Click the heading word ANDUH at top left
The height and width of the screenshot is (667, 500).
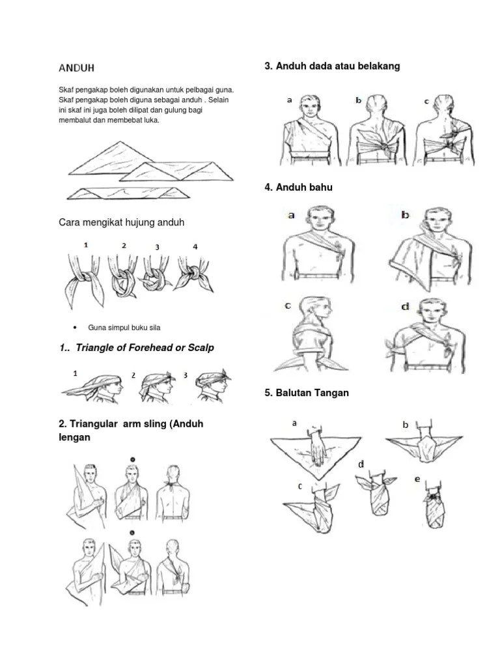(77, 68)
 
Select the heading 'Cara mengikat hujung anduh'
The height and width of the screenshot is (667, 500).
(122, 223)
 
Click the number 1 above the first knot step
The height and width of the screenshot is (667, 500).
(86, 245)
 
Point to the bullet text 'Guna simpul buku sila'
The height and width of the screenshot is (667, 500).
(124, 328)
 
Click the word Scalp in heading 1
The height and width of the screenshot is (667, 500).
(201, 348)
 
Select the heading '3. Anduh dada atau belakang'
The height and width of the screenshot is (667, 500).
(332, 66)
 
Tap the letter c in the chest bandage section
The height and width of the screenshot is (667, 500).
(426, 101)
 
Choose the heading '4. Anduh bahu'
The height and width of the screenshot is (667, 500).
(298, 188)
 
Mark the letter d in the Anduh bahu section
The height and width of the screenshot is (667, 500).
(405, 306)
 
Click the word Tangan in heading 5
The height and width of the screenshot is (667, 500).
(331, 393)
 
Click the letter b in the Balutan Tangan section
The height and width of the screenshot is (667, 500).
(405, 425)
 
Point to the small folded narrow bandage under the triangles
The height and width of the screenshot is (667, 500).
(128, 193)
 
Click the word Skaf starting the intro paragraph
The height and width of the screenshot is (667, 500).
(65, 90)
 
